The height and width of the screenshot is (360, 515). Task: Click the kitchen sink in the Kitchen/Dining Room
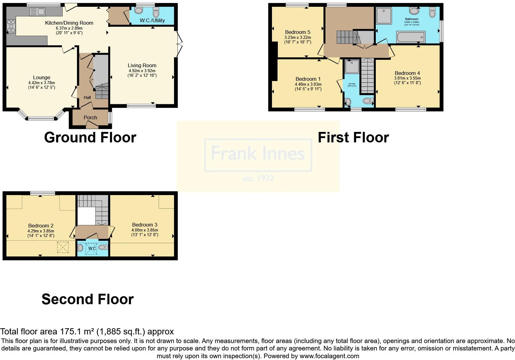(x=38, y=12)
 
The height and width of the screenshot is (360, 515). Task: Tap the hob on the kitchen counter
(x=11, y=26)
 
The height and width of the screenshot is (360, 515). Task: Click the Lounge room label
(x=42, y=78)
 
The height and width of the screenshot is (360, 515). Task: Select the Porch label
(x=90, y=117)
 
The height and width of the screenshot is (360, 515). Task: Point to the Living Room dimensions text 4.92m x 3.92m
(x=142, y=71)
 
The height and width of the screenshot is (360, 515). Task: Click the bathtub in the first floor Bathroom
(x=411, y=37)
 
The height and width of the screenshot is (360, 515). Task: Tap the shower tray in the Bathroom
(x=384, y=16)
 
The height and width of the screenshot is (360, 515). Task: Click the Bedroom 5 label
(x=298, y=32)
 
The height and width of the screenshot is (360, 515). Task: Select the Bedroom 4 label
(x=407, y=73)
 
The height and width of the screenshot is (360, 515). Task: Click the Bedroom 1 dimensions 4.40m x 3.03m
(x=308, y=84)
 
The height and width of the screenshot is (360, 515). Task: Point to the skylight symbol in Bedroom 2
(x=63, y=247)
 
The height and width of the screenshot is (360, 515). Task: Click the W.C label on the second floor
(x=92, y=248)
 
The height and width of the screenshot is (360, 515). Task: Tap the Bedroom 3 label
(x=144, y=225)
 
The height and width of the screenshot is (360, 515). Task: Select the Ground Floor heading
(x=90, y=137)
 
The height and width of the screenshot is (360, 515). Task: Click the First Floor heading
(x=353, y=137)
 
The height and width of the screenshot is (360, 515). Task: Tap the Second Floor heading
(x=87, y=299)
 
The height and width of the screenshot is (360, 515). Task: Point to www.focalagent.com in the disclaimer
(x=329, y=356)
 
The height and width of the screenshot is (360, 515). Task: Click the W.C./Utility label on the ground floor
(x=152, y=20)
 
